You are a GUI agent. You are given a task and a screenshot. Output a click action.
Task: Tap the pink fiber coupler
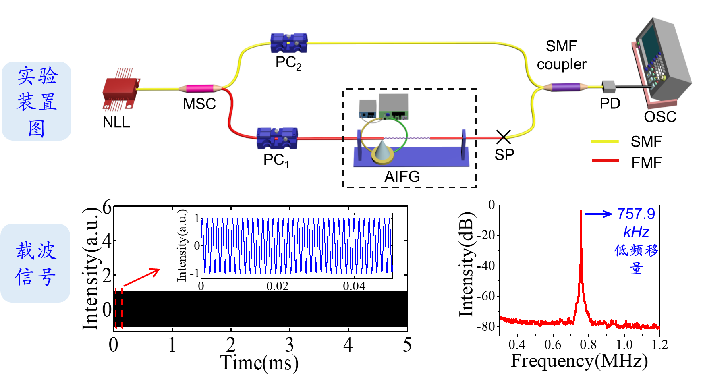200,88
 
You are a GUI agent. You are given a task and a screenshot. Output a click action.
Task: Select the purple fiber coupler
565,87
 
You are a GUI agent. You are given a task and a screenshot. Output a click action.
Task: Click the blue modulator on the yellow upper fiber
289,43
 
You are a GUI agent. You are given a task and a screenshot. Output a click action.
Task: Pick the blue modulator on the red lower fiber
277,138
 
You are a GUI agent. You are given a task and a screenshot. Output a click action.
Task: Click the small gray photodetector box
609,87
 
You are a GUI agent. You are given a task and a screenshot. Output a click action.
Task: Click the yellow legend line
605,141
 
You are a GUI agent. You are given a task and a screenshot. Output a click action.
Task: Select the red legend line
605,160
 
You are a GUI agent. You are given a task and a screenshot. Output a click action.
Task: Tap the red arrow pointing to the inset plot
141,277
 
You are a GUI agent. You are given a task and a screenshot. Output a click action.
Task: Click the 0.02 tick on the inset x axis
277,286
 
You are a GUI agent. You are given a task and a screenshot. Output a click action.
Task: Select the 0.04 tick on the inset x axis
354,286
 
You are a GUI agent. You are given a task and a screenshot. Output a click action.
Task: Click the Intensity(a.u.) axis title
182,245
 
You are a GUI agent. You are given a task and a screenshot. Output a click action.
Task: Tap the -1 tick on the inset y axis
195,273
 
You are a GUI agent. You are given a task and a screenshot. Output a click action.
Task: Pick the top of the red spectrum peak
581,211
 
